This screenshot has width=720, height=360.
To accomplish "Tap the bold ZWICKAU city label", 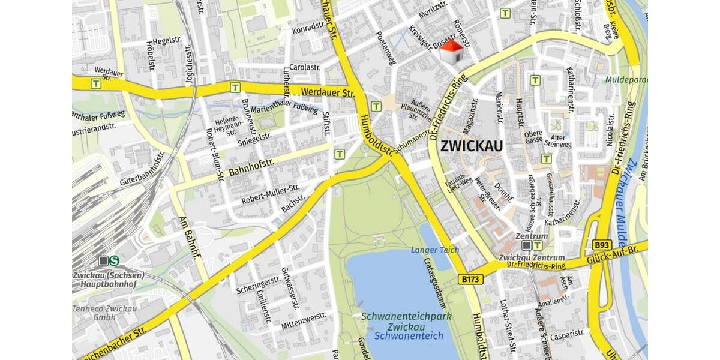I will pos(472,146).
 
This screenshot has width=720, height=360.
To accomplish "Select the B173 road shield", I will pos(471,279).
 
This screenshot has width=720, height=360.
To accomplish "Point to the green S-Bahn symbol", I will pos(114,260).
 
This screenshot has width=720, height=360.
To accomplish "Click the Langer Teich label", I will pos(435,250).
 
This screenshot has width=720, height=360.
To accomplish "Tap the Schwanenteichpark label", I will pos(407,316).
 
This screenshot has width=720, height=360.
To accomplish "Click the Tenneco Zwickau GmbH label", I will pos(105,313).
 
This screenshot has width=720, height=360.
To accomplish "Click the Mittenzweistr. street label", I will pos(304,321).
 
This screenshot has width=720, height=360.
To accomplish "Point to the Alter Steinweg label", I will pos(558,140).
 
